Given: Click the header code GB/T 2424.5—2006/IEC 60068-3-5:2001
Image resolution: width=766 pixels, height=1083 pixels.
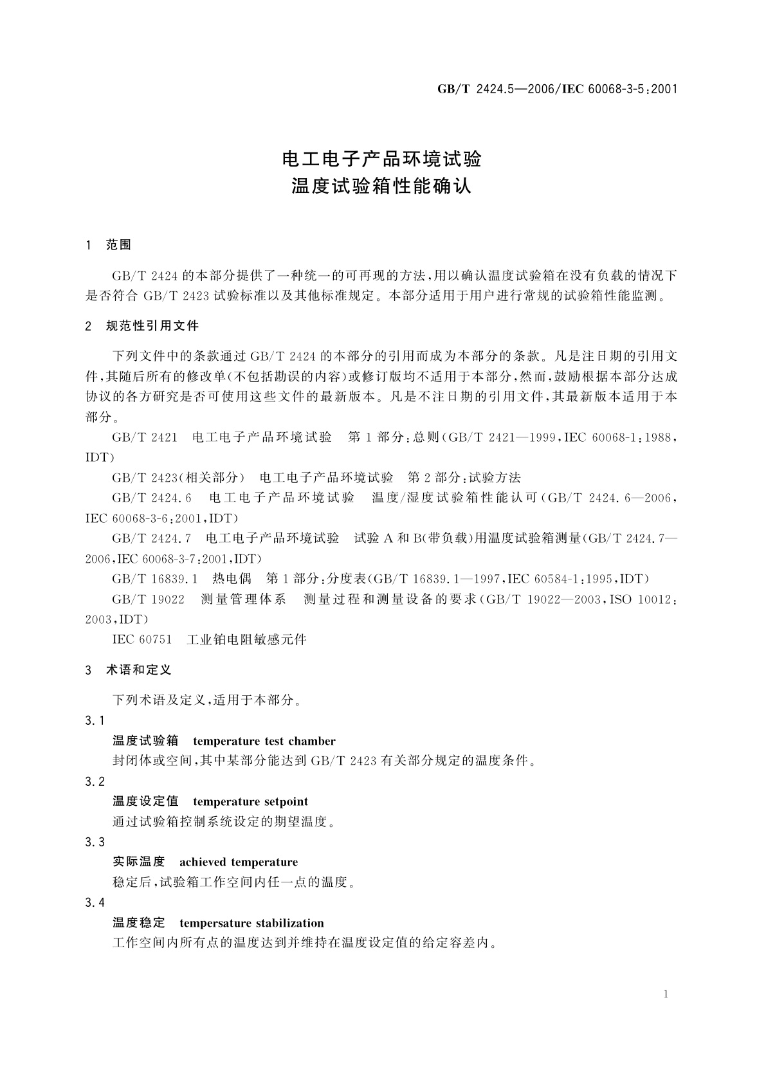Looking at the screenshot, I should tap(557, 89).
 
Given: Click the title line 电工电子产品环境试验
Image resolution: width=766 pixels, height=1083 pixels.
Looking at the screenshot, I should tap(383, 159).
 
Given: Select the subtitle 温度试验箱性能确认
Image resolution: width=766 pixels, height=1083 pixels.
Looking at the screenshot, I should tap(383, 187).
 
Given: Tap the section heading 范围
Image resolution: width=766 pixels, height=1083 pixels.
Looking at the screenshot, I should tap(118, 245).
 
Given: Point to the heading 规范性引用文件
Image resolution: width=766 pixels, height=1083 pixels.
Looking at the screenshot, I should tap(152, 325).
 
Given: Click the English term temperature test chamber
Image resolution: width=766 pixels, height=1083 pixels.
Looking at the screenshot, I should tap(264, 741).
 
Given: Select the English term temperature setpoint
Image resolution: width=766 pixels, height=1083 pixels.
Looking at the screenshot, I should tap(250, 801).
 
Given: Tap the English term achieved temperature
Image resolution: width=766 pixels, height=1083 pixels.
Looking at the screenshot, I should tap(239, 862).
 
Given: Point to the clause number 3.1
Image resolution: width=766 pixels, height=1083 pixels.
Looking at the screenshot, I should tap(95, 721).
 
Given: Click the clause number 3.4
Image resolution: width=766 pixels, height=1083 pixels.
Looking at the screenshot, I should tap(95, 903).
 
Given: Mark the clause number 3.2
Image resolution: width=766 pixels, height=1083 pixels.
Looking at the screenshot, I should tap(95, 781).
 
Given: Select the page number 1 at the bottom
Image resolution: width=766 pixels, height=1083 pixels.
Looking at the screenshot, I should tap(666, 994).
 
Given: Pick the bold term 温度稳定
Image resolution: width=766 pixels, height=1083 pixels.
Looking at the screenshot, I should tap(139, 923).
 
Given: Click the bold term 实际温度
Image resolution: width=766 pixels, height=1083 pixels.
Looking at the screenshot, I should tap(139, 862).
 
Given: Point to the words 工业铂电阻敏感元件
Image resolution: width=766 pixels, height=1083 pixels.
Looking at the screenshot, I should tap(246, 639).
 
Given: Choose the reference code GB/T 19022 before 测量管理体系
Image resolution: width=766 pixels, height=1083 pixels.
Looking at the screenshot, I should tap(149, 599).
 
